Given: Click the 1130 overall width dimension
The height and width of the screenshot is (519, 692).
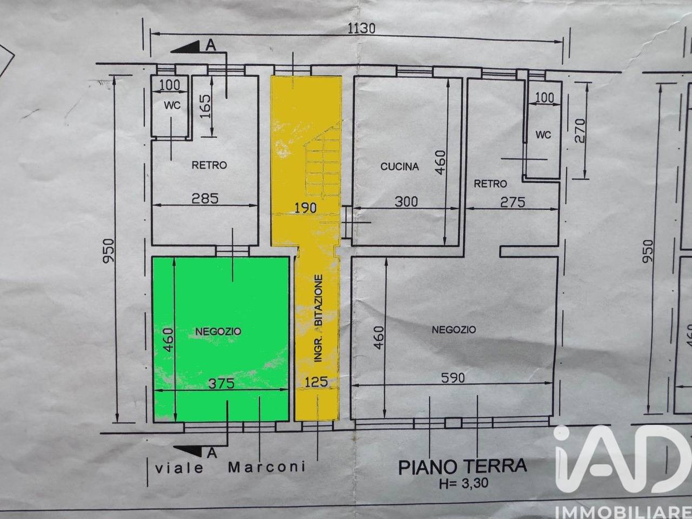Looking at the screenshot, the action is (x=361, y=29).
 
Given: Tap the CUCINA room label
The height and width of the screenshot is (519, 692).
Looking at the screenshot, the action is (x=400, y=167).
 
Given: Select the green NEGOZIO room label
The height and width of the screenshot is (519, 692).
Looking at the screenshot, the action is (x=218, y=331).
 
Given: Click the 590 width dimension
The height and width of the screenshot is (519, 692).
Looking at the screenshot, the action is (x=453, y=377).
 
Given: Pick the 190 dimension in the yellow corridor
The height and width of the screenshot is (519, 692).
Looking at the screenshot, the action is (x=305, y=208).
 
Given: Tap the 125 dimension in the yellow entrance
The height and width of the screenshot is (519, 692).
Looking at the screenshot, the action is (x=316, y=382).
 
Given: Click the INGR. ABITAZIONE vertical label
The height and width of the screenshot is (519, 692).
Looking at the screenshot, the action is (x=318, y=318).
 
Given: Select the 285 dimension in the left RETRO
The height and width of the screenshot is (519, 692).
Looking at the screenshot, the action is (x=205, y=198).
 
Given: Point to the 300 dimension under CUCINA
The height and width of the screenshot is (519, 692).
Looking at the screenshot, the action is (x=406, y=201).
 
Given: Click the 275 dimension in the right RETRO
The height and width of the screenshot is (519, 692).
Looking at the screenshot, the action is (x=513, y=202).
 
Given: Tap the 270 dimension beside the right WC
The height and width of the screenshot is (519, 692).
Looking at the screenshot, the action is (x=580, y=130).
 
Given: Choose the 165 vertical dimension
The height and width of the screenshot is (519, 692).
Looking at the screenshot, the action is (x=205, y=106).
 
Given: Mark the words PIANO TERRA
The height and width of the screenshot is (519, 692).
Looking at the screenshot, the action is (x=463, y=467).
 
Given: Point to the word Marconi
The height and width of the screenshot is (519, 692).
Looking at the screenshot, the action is (x=267, y=467).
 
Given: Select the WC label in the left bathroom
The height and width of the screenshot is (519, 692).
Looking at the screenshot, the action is (x=172, y=105).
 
